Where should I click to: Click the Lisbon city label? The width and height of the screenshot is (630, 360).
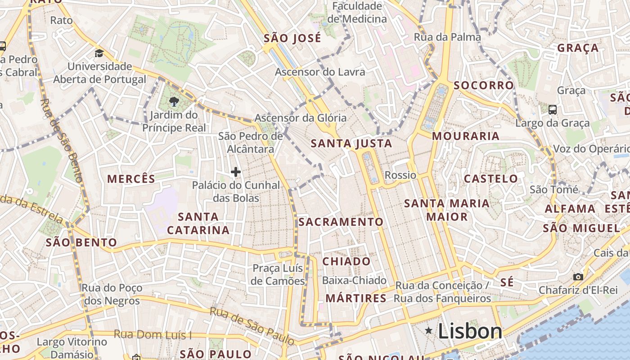pyautogui.click(x=470, y=332)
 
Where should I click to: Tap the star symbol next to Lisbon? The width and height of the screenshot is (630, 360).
pyautogui.click(x=429, y=331)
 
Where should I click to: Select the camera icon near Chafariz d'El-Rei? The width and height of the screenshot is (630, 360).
pyautogui.click(x=578, y=277)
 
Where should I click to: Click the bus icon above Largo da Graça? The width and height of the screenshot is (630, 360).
pyautogui.click(x=553, y=109)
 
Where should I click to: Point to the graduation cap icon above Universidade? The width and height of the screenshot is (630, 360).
pyautogui.click(x=99, y=54)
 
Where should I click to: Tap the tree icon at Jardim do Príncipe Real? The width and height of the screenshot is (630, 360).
pyautogui.click(x=173, y=102)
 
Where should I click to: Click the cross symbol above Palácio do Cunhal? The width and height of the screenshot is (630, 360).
pyautogui.click(x=235, y=171)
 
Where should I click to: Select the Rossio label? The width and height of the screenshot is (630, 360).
pyautogui.click(x=400, y=175)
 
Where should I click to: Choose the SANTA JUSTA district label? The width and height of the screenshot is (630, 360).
pyautogui.click(x=351, y=144)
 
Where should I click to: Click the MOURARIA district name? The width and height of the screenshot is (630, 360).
pyautogui.click(x=466, y=136)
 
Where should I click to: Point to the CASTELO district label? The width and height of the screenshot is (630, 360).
pyautogui.click(x=490, y=179)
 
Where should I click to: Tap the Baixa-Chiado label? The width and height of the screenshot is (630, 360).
pyautogui.click(x=354, y=280)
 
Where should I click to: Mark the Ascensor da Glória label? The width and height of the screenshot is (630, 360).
pyautogui.click(x=301, y=118)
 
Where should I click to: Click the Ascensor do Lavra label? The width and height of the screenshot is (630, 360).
pyautogui.click(x=320, y=72)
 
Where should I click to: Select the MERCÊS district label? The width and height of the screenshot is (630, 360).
pyautogui.click(x=131, y=179)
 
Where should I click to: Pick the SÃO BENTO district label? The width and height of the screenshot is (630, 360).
pyautogui.click(x=81, y=243)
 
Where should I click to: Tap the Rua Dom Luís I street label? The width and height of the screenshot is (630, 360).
pyautogui.click(x=153, y=334)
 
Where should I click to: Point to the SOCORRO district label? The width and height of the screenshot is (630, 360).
pyautogui.click(x=483, y=85)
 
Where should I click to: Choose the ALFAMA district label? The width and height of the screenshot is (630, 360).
pyautogui.click(x=570, y=209)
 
